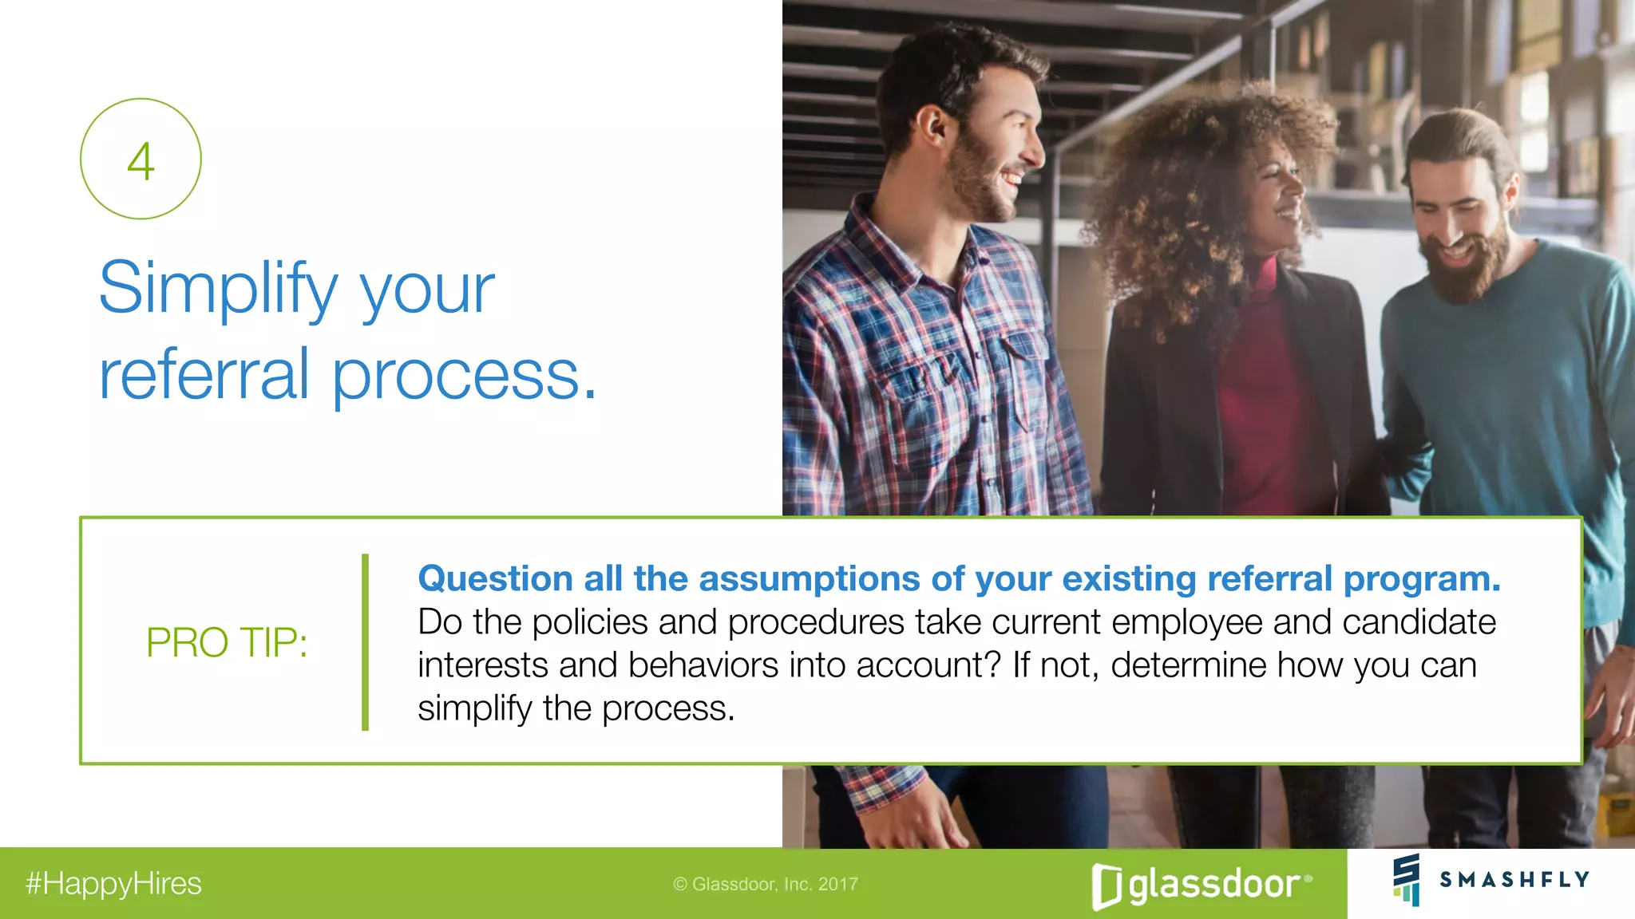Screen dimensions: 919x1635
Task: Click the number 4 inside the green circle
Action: [141, 161]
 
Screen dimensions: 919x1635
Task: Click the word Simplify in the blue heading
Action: [218, 289]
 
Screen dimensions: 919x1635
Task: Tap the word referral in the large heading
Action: [204, 375]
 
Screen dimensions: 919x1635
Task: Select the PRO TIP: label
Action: [227, 642]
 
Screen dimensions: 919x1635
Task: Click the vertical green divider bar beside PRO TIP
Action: [366, 642]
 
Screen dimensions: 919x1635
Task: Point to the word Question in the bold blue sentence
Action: [495, 579]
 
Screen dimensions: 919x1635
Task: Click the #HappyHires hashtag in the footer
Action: [113, 884]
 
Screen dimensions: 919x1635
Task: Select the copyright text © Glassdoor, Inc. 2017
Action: [766, 884]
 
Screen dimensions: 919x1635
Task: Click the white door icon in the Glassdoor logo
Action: [1106, 886]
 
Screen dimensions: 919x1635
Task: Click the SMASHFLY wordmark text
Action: [1514, 879]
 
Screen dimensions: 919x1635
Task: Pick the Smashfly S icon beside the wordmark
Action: [1407, 879]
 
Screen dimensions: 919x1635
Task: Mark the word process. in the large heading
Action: [464, 375]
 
